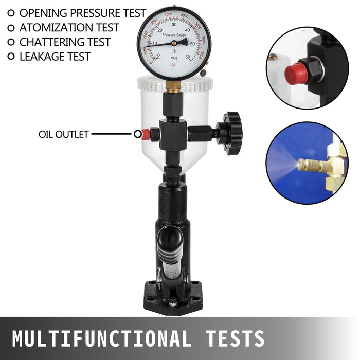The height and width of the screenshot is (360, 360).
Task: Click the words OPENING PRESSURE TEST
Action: tap(82, 13)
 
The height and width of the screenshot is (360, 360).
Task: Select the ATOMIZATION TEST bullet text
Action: tap(69, 28)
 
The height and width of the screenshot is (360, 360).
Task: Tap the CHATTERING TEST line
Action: tap(65, 42)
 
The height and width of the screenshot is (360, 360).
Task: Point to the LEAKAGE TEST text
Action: tap(55, 57)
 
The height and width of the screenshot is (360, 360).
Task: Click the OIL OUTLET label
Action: tap(64, 134)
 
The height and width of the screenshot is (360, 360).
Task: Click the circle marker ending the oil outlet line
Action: tap(137, 134)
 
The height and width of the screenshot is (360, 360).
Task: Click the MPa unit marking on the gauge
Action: tap(174, 58)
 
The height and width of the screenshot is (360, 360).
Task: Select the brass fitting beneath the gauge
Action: tap(174, 87)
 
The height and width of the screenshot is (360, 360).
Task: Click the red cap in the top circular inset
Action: tap(297, 74)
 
